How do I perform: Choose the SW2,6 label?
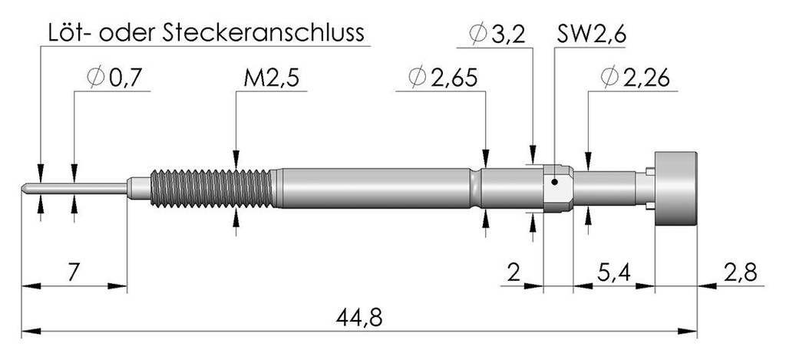coord(592,35)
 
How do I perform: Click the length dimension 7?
coord(73,272)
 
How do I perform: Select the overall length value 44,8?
coord(359,317)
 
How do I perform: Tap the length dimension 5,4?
coord(614,272)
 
